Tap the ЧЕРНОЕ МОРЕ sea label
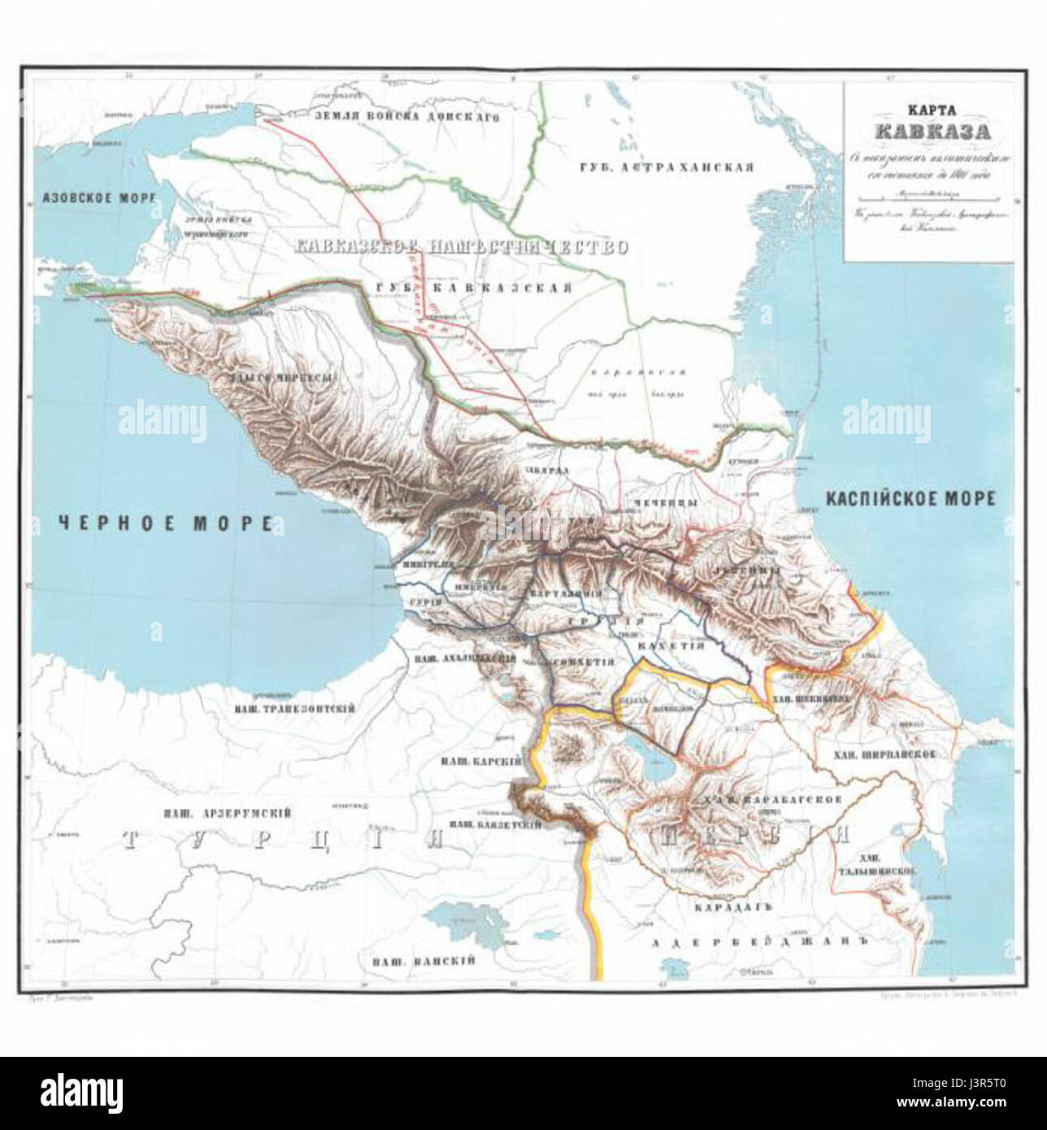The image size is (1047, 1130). (166, 524)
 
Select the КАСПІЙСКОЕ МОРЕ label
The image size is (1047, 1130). (910, 498)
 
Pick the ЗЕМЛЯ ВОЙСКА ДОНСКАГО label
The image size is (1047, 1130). (415, 117)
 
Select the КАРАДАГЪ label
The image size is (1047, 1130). (731, 904)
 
